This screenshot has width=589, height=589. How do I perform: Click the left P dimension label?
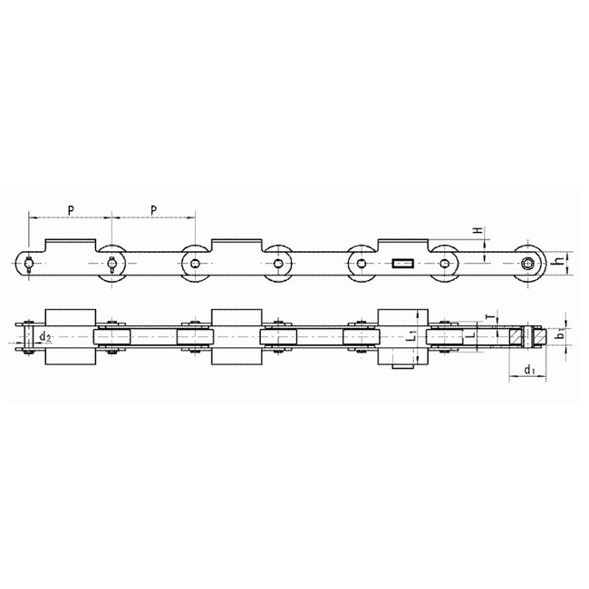(71, 211)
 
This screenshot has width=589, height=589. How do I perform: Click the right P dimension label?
(154, 211)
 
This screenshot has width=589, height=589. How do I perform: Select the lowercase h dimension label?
(560, 259)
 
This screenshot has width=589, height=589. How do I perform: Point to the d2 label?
(45, 337)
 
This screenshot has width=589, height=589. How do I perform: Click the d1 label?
(530, 371)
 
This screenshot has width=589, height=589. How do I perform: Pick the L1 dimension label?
(412, 334)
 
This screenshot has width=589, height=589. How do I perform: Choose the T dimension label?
(488, 317)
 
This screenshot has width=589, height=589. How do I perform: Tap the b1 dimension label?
(560, 333)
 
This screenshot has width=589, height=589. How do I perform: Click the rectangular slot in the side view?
(403, 264)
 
